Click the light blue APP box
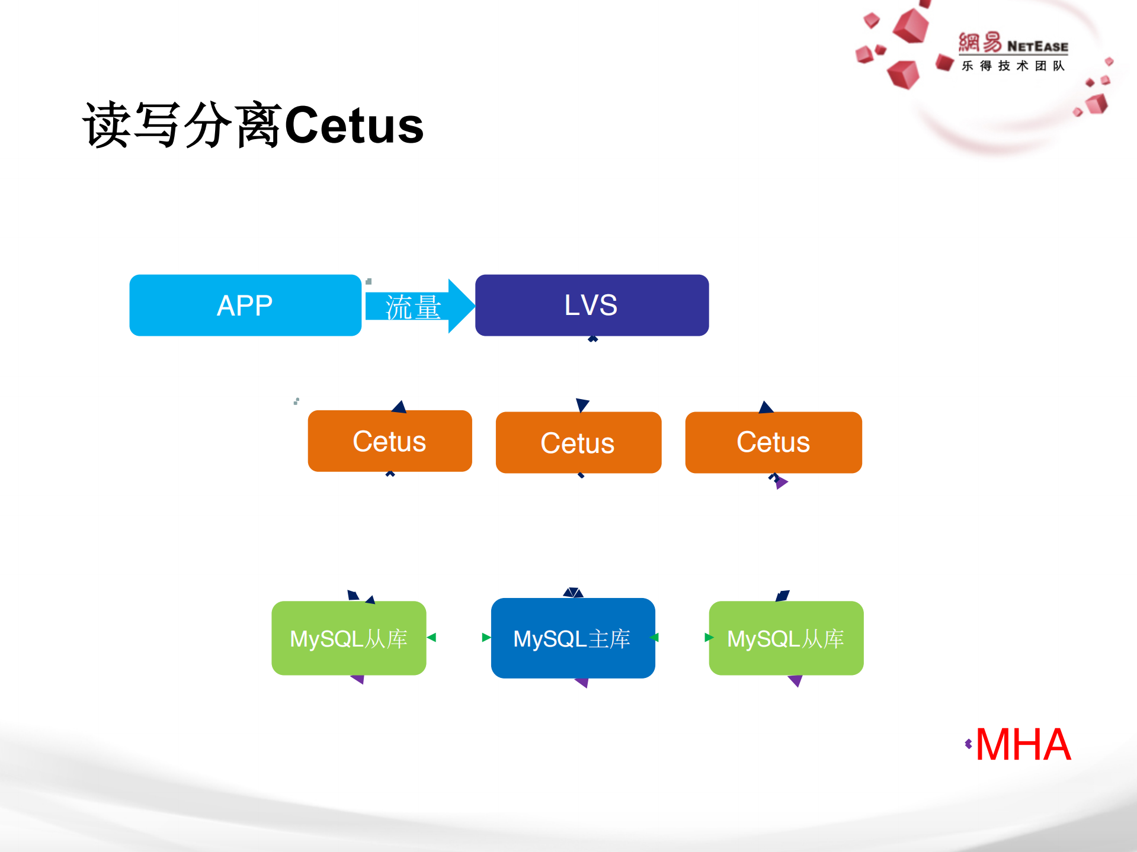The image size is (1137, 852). click(245, 306)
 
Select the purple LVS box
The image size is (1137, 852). click(591, 306)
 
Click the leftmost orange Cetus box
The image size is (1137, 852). click(389, 441)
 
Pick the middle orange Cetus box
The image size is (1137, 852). click(578, 443)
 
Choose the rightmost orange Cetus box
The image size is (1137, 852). click(773, 442)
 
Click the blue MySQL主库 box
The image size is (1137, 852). click(572, 638)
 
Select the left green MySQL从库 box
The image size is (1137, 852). click(348, 638)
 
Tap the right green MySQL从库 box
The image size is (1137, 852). click(786, 638)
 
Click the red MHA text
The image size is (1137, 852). click(1023, 745)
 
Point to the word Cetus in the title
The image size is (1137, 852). click(354, 126)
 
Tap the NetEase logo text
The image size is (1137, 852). click(1037, 46)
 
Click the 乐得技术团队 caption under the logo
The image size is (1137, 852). click(1013, 66)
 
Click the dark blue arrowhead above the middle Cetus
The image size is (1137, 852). click(582, 404)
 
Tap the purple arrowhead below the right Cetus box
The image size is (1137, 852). click(782, 483)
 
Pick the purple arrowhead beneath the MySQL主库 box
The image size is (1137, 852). click(582, 683)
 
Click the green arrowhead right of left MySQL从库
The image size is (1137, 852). click(432, 637)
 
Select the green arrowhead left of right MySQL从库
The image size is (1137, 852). click(708, 637)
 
